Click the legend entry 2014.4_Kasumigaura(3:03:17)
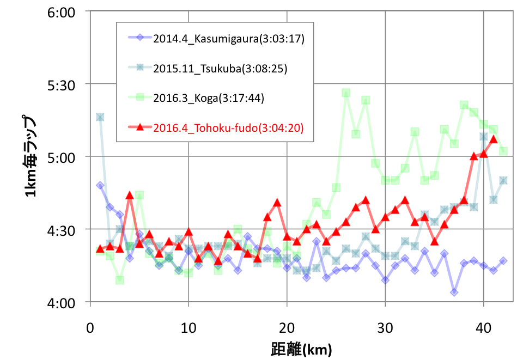coord(228,39)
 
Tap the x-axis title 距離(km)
coord(301,348)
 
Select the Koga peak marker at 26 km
coord(346,93)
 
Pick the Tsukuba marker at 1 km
coord(100,117)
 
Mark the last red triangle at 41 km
coord(494,139)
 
